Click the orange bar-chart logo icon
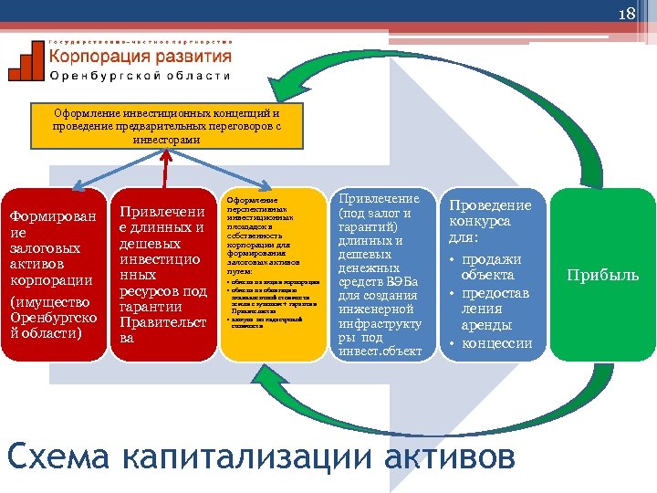click(x=26, y=61)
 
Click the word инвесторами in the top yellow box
click(x=165, y=141)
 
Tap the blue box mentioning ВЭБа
click(x=380, y=274)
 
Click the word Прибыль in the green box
click(x=603, y=275)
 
